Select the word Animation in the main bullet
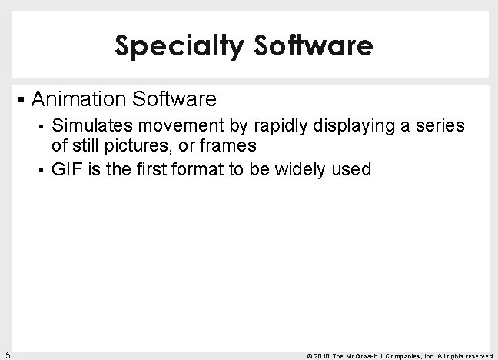pyautogui.click(x=80, y=99)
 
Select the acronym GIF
pyautogui.click(x=65, y=169)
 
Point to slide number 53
pyautogui.click(x=11, y=354)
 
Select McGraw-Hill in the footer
pyautogui.click(x=364, y=355)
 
